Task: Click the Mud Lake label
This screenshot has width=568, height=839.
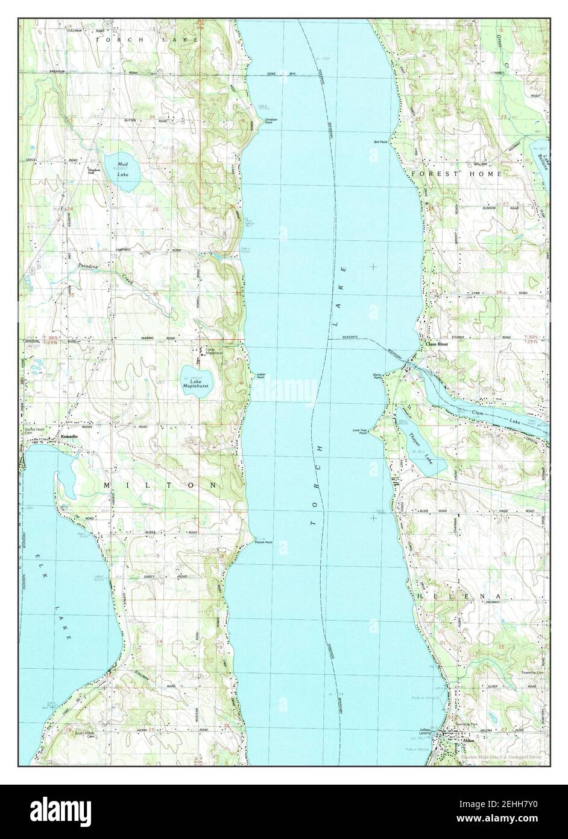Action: click(x=123, y=169)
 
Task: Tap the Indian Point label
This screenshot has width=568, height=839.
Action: click(x=261, y=376)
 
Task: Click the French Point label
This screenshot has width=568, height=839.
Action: click(x=263, y=542)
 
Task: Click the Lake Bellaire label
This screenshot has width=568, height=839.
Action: click(x=543, y=161)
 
